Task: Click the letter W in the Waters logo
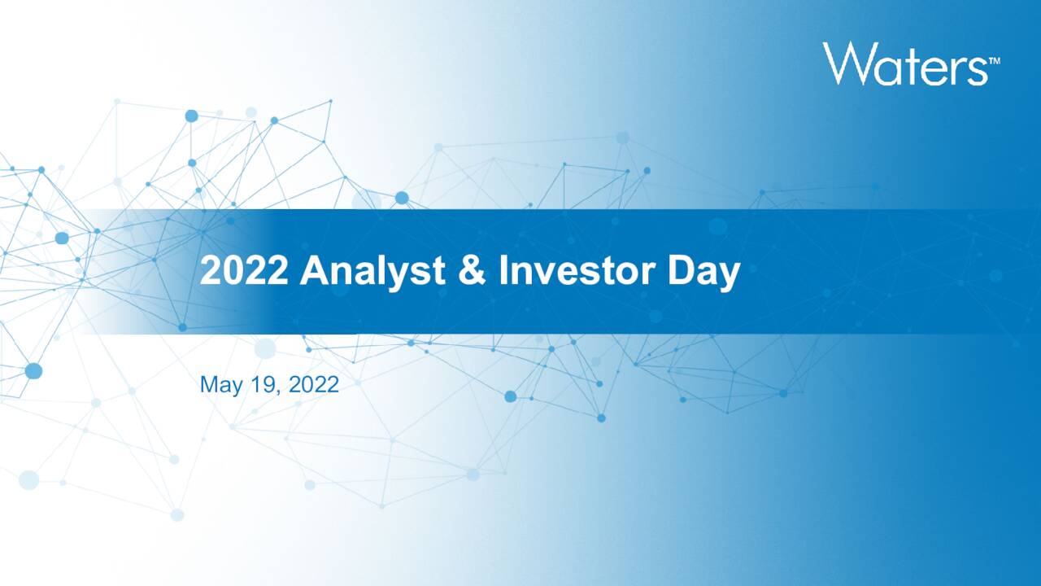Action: point(846,64)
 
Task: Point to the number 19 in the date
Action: point(260,384)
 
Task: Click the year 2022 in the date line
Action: point(313,384)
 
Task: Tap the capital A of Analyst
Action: point(313,272)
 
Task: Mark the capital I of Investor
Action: point(503,272)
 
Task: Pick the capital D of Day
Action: point(681,272)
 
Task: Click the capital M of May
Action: point(208,384)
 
